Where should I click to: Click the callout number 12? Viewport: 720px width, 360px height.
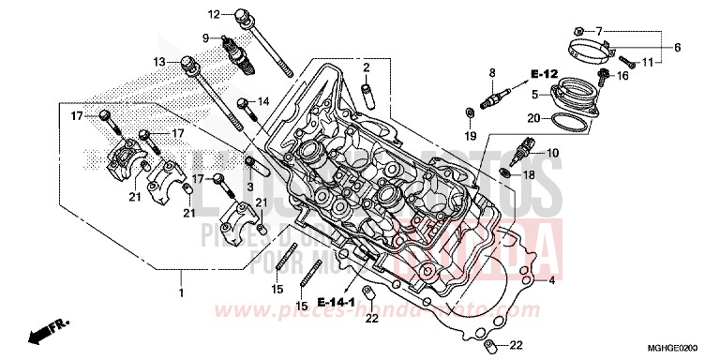[x=213, y=14]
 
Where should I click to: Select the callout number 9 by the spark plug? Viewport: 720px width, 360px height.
[x=203, y=37]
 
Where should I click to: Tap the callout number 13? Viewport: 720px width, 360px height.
[x=160, y=62]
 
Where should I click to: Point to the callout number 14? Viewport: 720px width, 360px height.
[x=263, y=101]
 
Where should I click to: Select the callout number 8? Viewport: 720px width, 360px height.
[x=490, y=72]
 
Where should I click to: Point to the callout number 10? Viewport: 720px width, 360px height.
[x=552, y=153]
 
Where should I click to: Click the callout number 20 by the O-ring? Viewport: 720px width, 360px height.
[x=532, y=118]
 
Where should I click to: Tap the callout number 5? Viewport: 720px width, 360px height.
[x=534, y=95]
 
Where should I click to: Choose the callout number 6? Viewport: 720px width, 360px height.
[x=677, y=47]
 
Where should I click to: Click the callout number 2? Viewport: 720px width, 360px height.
[x=368, y=67]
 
